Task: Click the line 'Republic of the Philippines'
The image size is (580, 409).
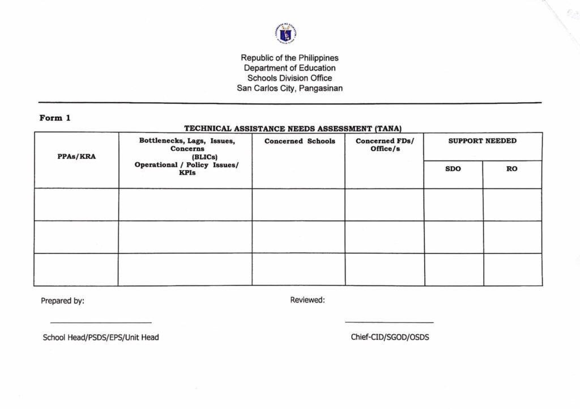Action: [289, 58]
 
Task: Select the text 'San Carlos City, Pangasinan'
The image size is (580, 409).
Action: [289, 88]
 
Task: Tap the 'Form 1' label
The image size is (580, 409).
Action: [55, 118]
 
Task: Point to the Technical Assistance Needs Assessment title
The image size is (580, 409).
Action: [292, 129]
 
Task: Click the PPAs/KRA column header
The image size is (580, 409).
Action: [76, 157]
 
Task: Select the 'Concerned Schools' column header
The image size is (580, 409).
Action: [300, 141]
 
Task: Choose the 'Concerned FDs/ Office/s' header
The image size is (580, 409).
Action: [385, 145]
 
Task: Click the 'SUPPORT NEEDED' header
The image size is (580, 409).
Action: [482, 141]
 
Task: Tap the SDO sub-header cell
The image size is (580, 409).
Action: [453, 169]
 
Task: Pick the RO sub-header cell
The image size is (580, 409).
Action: [511, 169]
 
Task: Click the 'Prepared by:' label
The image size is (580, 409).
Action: [62, 301]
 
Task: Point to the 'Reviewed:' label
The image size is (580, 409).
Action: [308, 300]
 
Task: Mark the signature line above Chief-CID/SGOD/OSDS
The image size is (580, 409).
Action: [389, 322]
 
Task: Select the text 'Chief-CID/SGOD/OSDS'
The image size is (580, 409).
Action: [390, 337]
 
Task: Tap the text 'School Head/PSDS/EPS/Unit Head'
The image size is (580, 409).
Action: [101, 338]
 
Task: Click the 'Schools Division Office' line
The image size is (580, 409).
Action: [289, 78]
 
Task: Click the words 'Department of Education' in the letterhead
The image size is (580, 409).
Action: [289, 68]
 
